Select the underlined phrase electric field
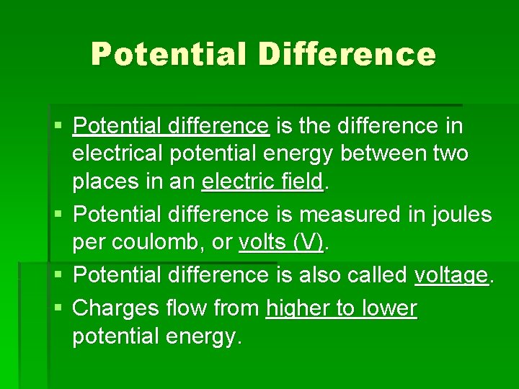pyautogui.click(x=263, y=182)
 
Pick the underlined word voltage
pyautogui.click(x=451, y=274)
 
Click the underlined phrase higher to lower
pyautogui.click(x=341, y=308)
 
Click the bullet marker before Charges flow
pyautogui.click(x=59, y=309)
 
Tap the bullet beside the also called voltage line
pyautogui.click(x=59, y=275)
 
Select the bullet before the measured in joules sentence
pyautogui.click(x=59, y=215)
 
